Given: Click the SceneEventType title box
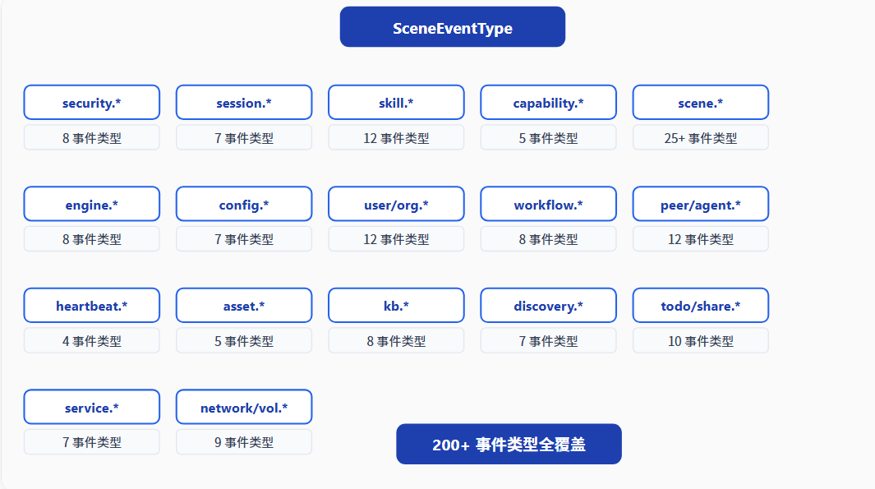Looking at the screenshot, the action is tap(453, 27).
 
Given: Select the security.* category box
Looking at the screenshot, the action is tap(91, 102).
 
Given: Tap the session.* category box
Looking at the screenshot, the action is tap(244, 102).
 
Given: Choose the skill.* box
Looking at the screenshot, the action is tap(396, 102).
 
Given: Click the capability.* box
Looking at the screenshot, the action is tap(549, 102).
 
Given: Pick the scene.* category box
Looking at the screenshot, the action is tap(701, 102).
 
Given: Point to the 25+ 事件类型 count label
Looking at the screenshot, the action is tap(701, 137).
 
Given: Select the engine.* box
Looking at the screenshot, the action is tap(91, 204).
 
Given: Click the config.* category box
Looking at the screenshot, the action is tap(244, 204).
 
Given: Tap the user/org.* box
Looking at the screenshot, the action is tap(396, 204).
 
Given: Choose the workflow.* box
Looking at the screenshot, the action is tap(549, 204).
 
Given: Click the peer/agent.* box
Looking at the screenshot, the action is tap(701, 204).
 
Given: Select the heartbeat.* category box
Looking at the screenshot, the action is tap(91, 306).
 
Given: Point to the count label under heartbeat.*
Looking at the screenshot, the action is tap(91, 340).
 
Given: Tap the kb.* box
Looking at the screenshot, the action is tap(396, 306).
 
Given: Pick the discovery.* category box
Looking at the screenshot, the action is tap(549, 306).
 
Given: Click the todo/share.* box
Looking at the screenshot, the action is tap(701, 306).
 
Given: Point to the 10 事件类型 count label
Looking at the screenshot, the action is tap(701, 340).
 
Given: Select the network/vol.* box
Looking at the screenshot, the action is tap(244, 407).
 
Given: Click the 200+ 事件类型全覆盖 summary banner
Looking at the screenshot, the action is tap(509, 444).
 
